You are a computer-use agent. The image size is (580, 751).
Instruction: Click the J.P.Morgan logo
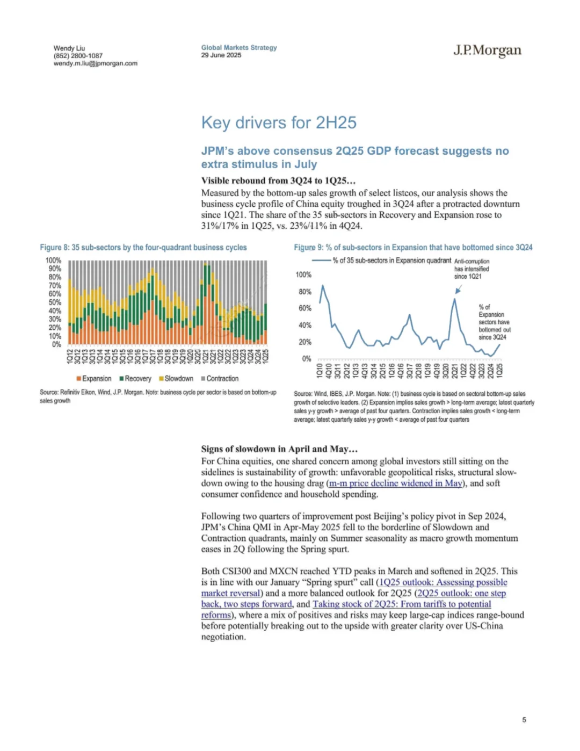coord(487,50)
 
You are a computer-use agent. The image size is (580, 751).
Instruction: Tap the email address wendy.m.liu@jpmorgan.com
coord(95,63)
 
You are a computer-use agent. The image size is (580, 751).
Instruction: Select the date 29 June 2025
coord(221,55)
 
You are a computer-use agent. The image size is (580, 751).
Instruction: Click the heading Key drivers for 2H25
coord(279,122)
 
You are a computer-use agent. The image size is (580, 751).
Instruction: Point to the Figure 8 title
coord(143,248)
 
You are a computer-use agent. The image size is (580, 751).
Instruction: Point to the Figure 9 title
coord(413,248)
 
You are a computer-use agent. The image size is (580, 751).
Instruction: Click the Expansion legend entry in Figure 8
coord(94,379)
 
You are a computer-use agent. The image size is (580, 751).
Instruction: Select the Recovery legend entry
coord(135,379)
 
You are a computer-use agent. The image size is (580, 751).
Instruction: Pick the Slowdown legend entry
coord(176,379)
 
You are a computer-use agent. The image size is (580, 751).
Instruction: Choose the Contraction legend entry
coord(220,379)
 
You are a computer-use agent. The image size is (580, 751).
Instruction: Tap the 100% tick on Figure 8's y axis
coord(53,261)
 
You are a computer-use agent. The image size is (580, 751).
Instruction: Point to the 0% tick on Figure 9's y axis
coord(306,359)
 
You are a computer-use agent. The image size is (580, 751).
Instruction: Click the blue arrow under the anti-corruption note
coord(458,290)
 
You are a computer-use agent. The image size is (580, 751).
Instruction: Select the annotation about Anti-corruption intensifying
coord(472,269)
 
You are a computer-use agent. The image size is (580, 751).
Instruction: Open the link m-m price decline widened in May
coord(395,483)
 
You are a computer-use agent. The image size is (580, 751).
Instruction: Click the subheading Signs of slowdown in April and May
coord(279,449)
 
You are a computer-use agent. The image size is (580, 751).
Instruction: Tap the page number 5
coord(524,720)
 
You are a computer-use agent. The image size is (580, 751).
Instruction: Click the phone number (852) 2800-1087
coord(78,56)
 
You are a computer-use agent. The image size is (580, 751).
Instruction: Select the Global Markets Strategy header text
coord(239,48)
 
